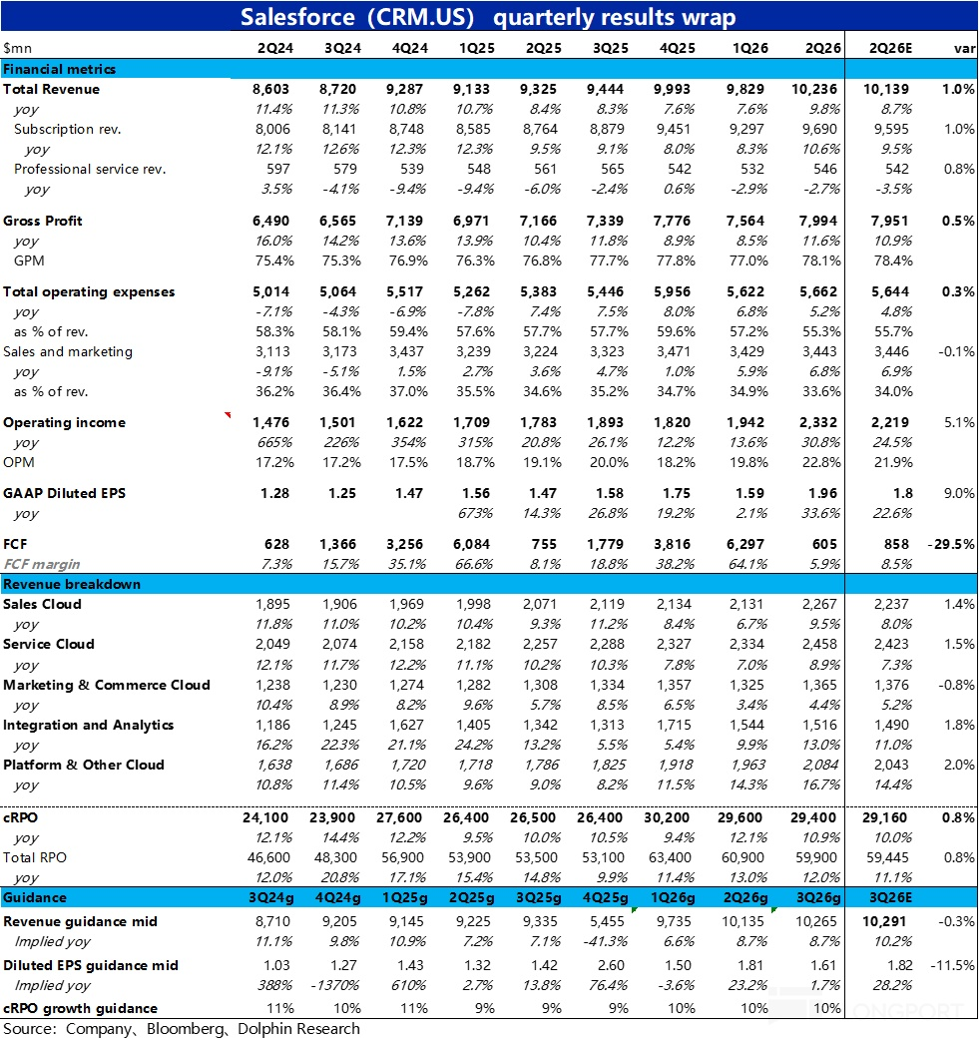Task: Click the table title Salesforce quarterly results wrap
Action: (489, 17)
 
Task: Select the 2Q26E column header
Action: (888, 47)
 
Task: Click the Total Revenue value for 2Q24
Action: (269, 89)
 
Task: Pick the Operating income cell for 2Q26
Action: (818, 422)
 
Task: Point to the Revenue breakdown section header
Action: (72, 584)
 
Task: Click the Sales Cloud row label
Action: (42, 604)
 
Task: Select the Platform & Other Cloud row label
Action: (84, 765)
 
